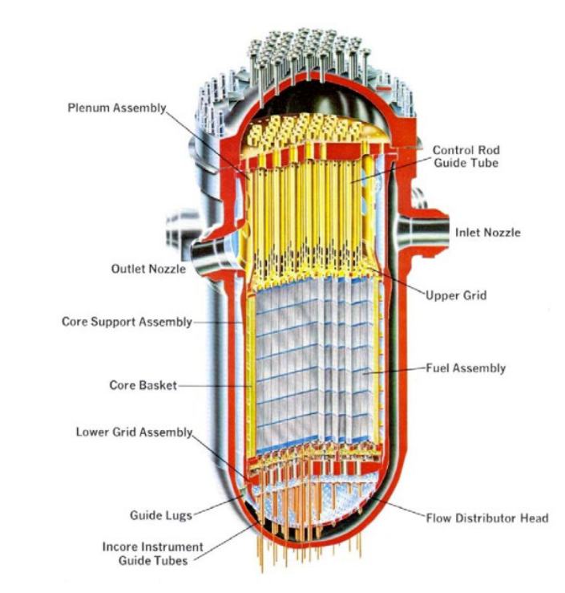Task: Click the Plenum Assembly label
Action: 115,108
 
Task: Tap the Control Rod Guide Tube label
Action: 465,156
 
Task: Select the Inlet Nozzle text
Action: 487,233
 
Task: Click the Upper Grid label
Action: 457,295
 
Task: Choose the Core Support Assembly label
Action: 127,322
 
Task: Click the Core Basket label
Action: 143,385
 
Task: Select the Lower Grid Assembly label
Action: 135,432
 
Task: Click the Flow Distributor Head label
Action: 486,518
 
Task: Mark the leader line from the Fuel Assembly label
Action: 401,370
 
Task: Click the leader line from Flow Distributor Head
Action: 397,507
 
